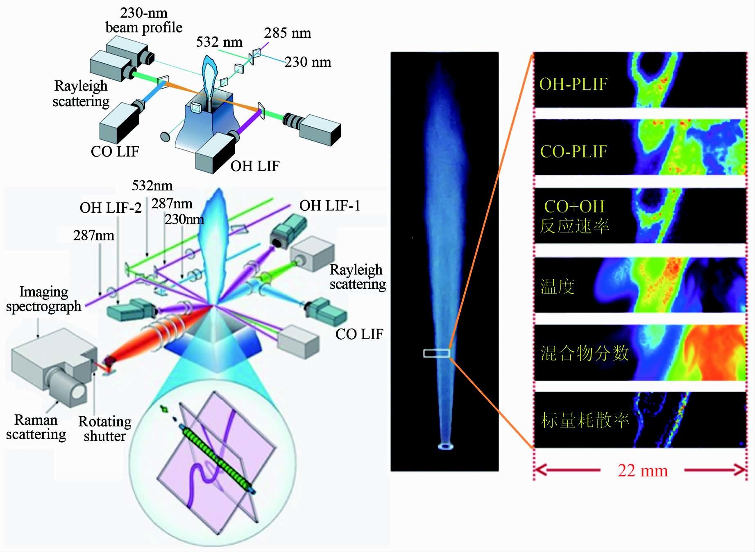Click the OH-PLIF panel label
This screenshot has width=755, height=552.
[x=573, y=84]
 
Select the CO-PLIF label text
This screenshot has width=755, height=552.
[x=573, y=152]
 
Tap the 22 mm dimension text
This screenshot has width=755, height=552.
[x=642, y=470]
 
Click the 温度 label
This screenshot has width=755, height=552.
[x=557, y=286]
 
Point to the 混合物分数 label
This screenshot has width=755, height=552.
[x=584, y=353]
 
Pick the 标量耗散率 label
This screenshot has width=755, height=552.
[x=585, y=421]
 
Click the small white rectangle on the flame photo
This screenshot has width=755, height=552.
[x=437, y=353]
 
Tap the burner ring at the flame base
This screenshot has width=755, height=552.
[x=445, y=446]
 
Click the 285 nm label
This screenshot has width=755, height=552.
[x=287, y=33]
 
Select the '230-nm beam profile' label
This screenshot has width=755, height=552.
[x=144, y=20]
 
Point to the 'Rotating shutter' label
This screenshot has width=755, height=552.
[x=105, y=429]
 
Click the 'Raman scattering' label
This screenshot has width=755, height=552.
[x=36, y=427]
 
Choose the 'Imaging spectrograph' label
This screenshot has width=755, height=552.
[x=43, y=299]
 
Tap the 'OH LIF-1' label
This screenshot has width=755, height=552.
[x=330, y=205]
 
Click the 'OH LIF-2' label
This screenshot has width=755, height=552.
[x=111, y=208]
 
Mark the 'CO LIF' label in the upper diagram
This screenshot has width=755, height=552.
[x=115, y=151]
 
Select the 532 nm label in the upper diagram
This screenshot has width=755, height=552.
[x=219, y=42]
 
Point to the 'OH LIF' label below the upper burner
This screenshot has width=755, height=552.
[x=255, y=166]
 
